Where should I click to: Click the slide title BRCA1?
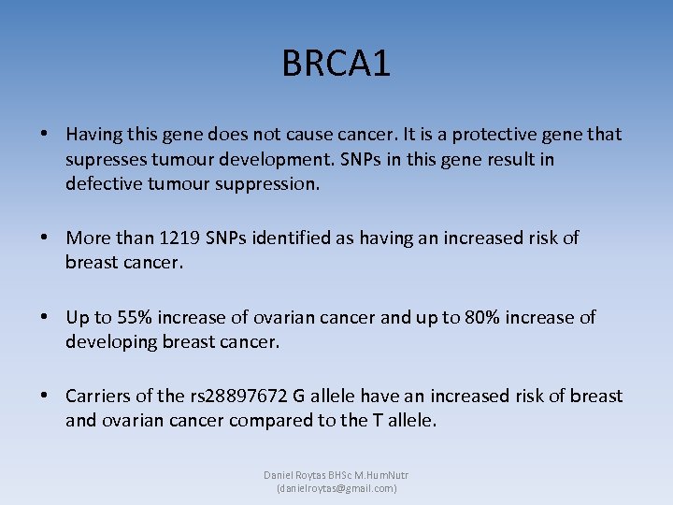point(336,65)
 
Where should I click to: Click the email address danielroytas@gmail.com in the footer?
point(336,488)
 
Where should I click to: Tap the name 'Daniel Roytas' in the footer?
point(294,475)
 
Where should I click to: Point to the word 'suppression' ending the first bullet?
point(270,184)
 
